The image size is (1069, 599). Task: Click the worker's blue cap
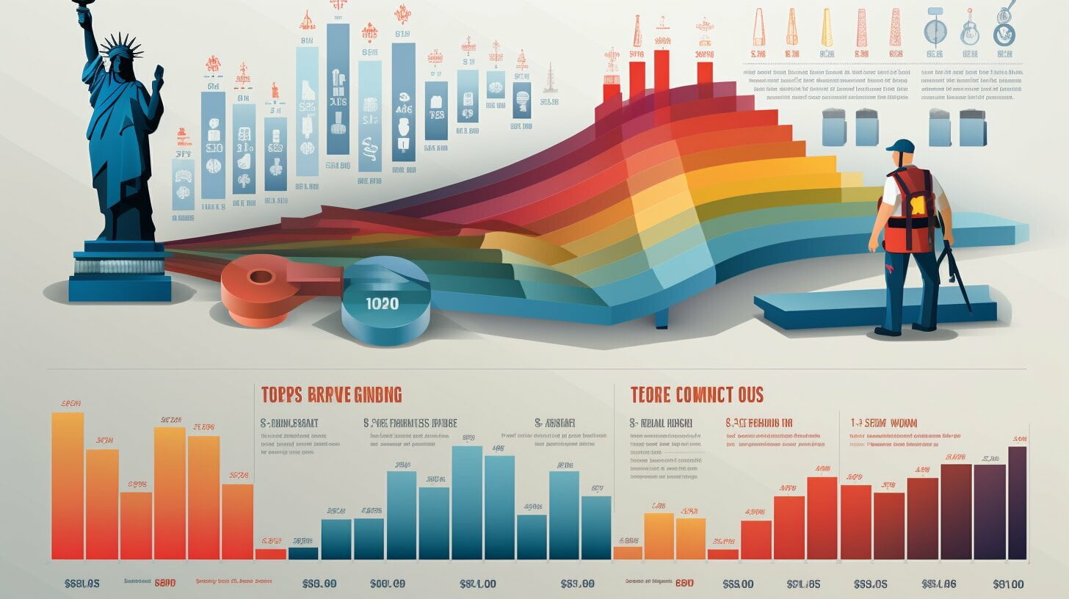pos(900,146)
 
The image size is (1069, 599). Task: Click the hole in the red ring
pos(261,277)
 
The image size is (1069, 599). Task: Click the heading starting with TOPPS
pos(331,394)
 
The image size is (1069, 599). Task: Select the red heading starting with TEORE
pos(697,394)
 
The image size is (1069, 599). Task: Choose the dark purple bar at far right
pos(1017,503)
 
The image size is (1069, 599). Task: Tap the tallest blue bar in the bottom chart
pos(466,503)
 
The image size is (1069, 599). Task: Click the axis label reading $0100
pos(1007,584)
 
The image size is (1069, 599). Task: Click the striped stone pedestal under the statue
pos(120,266)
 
